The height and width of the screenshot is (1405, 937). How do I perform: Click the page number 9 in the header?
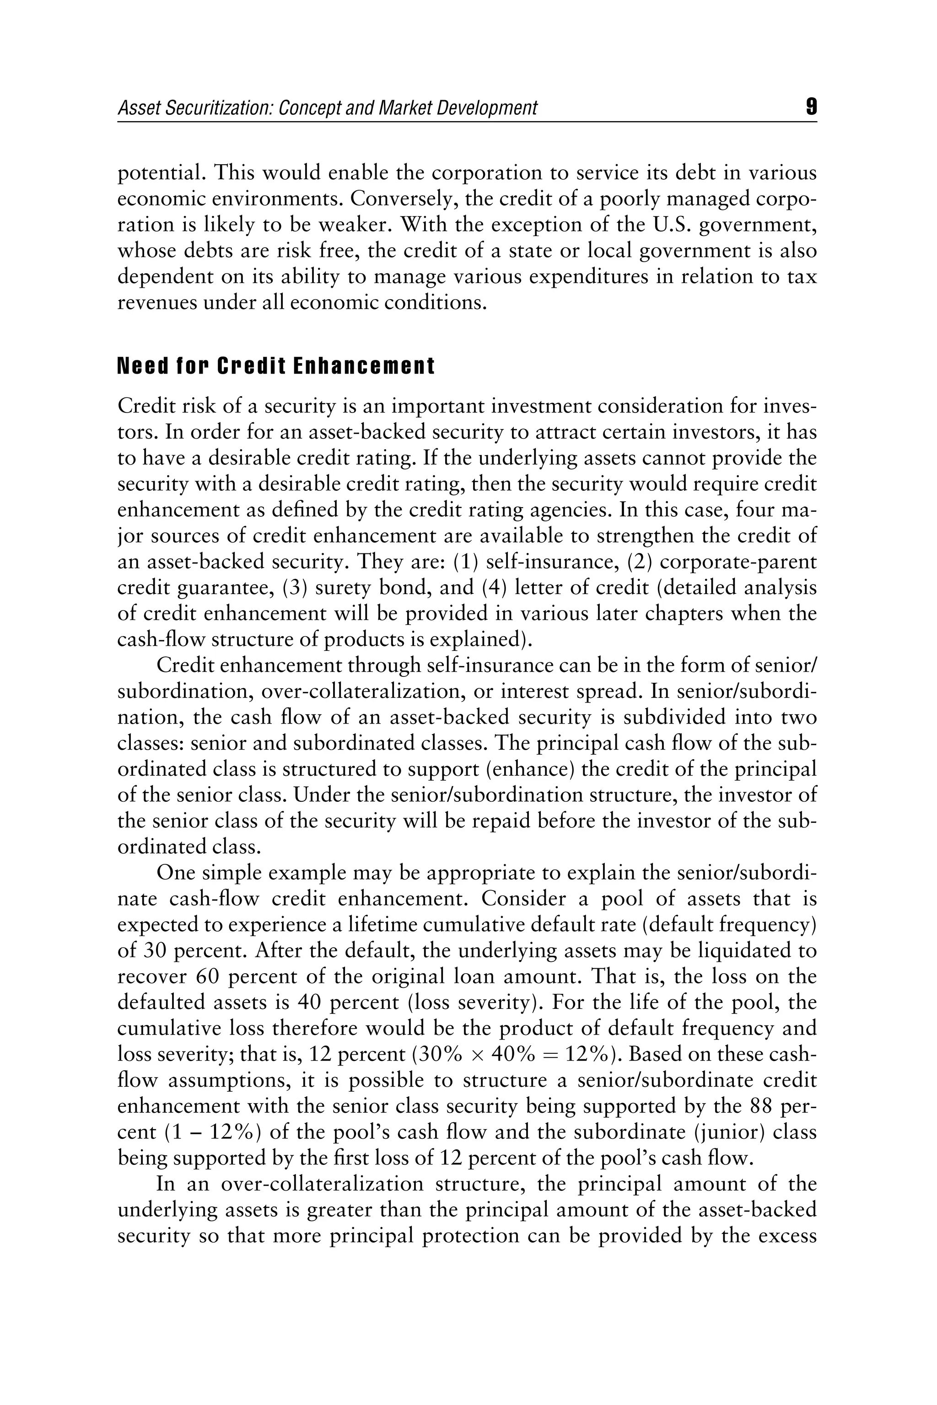click(811, 107)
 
